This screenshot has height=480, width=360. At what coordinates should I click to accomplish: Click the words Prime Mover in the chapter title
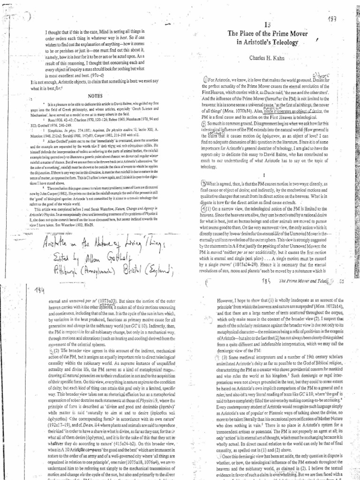point(285,34)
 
